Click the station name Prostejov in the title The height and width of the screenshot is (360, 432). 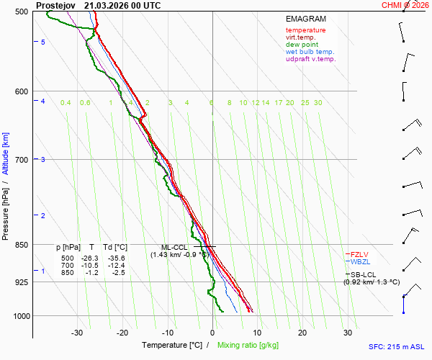click(55, 6)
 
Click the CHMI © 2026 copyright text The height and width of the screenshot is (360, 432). click(405, 5)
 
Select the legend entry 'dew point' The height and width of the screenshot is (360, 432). click(302, 45)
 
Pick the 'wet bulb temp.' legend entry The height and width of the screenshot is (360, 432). click(310, 52)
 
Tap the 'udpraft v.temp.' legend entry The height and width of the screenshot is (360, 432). click(311, 59)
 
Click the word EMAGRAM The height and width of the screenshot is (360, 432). click(306, 19)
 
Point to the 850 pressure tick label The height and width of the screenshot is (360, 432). click(22, 245)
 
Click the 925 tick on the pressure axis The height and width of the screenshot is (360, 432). click(22, 282)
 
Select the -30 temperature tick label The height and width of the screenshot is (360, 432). click(77, 333)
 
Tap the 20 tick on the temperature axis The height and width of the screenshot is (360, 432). click(302, 333)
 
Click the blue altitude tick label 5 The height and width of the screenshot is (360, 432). click(43, 42)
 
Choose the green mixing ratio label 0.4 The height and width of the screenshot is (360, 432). click(66, 103)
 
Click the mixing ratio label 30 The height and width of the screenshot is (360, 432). click(318, 103)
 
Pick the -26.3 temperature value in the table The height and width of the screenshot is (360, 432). click(90, 258)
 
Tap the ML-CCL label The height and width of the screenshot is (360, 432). click(174, 248)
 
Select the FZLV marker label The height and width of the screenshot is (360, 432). click(359, 254)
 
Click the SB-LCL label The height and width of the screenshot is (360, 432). click(363, 274)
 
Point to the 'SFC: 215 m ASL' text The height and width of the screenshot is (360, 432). click(397, 347)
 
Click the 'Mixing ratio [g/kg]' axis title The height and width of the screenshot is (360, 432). click(248, 345)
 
